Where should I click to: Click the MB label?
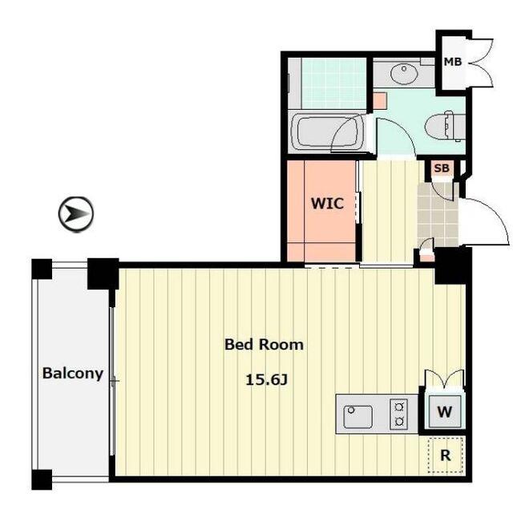(452, 62)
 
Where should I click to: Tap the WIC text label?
(327, 203)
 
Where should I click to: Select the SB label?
(442, 168)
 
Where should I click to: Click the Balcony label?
(73, 373)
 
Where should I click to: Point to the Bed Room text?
(264, 345)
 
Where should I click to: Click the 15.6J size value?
(267, 379)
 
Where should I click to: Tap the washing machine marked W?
(445, 411)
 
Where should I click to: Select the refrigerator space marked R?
(446, 455)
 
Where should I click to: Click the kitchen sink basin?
(357, 417)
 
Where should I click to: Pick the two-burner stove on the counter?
(398, 415)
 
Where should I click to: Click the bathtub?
(327, 132)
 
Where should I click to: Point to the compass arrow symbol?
(76, 214)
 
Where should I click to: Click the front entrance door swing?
(485, 221)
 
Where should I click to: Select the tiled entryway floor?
(438, 214)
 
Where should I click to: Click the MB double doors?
(481, 63)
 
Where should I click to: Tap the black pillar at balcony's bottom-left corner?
(42, 480)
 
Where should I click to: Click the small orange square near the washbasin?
(380, 101)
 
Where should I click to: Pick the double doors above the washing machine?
(444, 378)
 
